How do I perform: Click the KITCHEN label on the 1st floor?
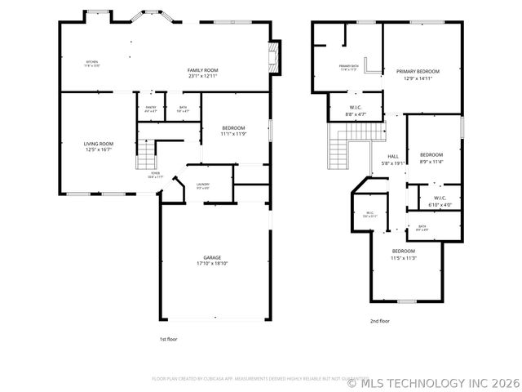pos(93,62)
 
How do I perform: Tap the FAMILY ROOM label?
pos(203,71)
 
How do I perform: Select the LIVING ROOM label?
pos(100,144)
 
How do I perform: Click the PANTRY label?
pos(151,107)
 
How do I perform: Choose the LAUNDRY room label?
pos(203,185)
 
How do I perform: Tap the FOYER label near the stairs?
pos(154,173)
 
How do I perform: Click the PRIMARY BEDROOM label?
pos(422,72)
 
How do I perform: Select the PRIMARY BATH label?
pos(349,65)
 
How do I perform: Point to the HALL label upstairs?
pos(393,156)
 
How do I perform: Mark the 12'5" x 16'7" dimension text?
pos(100,149)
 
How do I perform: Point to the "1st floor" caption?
pos(168,338)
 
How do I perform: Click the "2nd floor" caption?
pos(380,321)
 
